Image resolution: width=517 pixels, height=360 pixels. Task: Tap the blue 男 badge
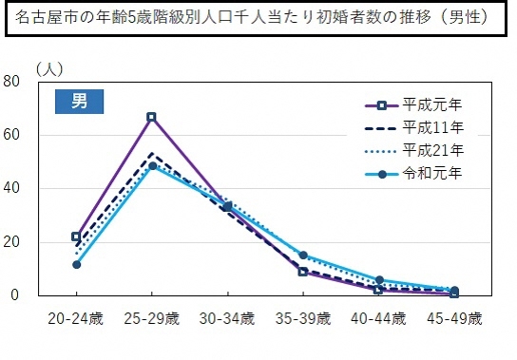79,102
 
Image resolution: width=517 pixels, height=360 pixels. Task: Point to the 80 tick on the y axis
12,81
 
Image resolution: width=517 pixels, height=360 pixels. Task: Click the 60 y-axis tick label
12,135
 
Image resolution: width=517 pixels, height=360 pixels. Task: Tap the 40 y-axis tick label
12,188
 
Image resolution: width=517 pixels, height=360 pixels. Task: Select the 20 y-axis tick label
12,242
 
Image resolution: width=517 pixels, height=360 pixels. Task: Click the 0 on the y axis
16,295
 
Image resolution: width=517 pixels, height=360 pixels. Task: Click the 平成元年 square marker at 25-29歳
151,117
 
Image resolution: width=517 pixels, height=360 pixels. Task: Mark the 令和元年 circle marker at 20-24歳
76,264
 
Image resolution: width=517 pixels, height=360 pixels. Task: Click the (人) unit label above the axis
49,69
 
